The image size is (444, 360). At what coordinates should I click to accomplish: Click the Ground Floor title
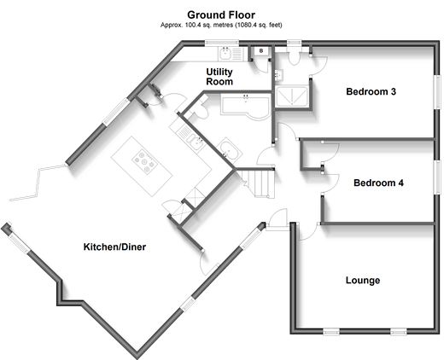tap(221, 15)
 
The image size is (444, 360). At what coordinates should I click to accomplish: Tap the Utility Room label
tap(219, 77)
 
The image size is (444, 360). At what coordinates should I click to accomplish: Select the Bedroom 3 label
tap(371, 91)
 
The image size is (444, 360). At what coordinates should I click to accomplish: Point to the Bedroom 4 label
tap(378, 183)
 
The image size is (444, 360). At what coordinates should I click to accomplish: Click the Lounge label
tap(363, 280)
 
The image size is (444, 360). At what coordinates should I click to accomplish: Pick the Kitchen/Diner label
tap(114, 247)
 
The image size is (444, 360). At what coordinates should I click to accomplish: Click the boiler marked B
tap(261, 51)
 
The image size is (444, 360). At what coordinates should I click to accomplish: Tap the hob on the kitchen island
tap(145, 162)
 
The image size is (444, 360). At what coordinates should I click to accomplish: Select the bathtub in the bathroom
tap(246, 107)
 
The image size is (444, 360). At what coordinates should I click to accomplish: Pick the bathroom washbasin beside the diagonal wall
tap(230, 148)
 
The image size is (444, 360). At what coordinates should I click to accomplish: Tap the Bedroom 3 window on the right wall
tap(437, 92)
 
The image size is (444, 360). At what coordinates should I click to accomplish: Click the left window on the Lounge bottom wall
tap(331, 332)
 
